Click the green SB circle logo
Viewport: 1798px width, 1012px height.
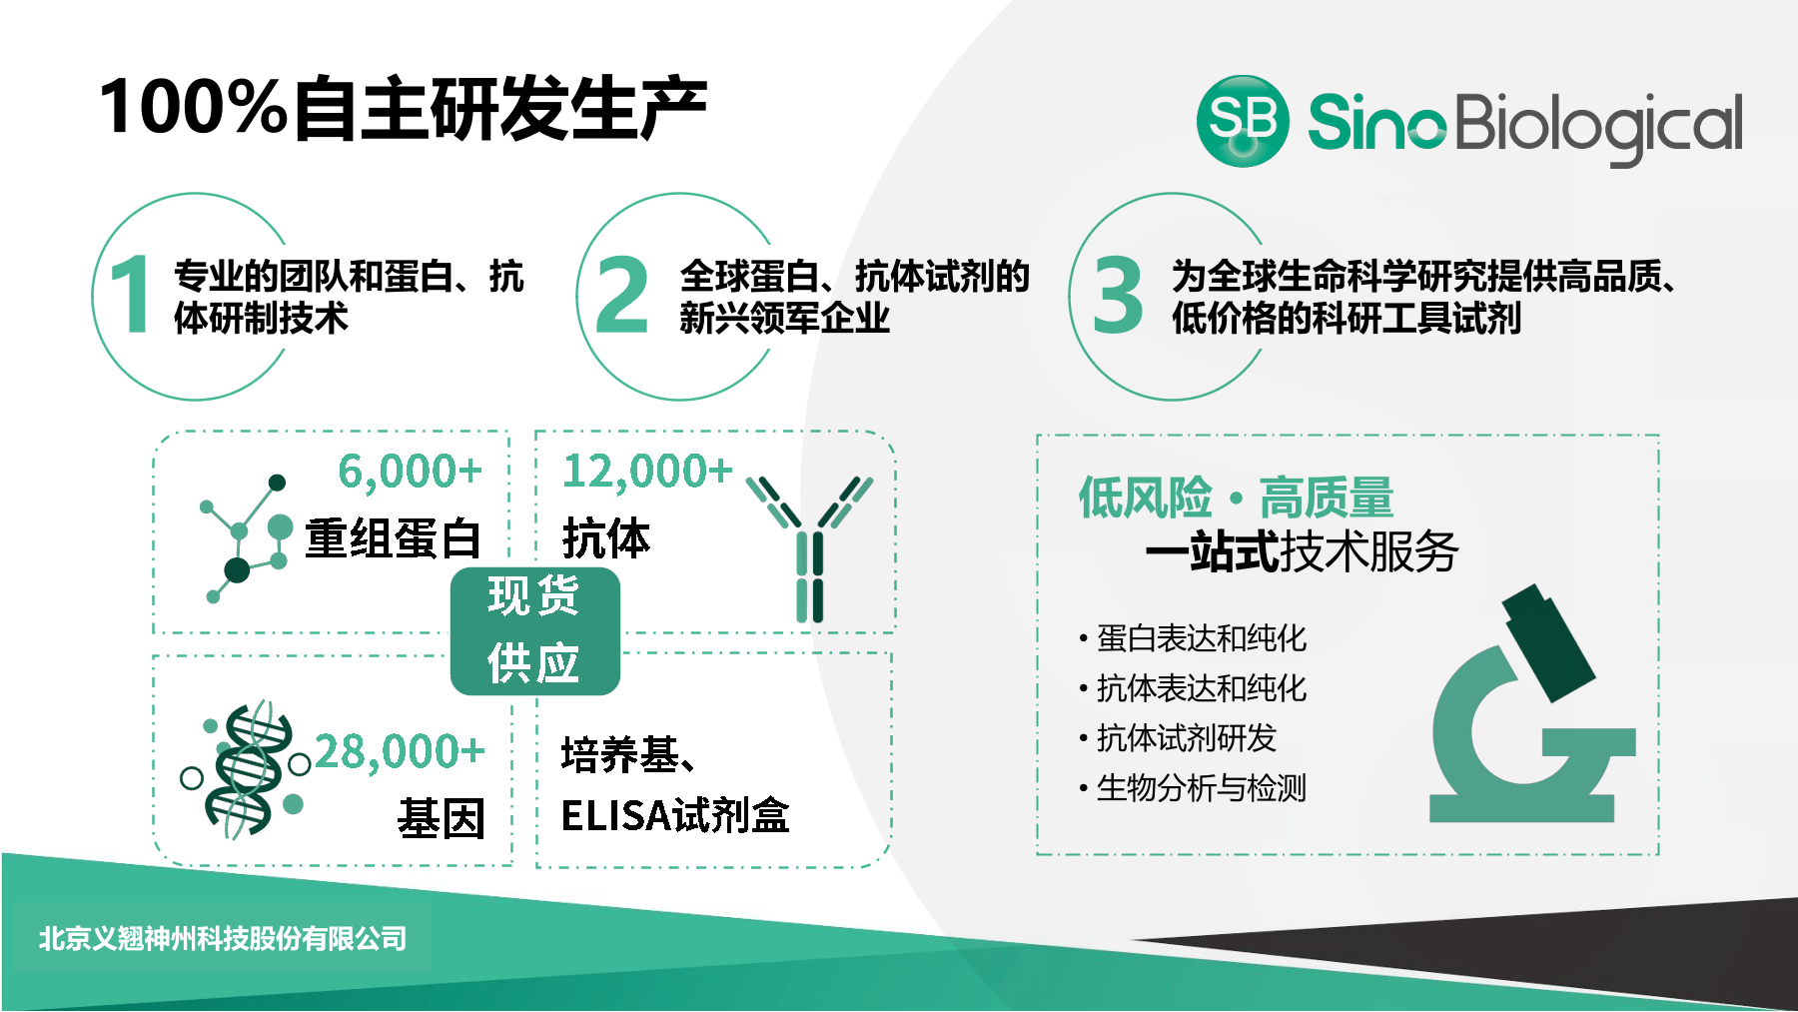[1243, 121]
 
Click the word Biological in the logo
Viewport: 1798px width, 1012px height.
[1598, 128]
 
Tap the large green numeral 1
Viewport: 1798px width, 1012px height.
[131, 294]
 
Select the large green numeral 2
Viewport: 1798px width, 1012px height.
[621, 294]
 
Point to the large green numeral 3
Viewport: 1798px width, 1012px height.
[1118, 294]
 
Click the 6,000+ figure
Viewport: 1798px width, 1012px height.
[411, 472]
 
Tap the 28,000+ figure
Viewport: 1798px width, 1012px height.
[401, 752]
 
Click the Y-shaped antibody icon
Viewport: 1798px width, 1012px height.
[810, 548]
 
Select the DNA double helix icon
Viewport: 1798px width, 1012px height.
[244, 768]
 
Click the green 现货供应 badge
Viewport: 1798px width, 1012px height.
[534, 630]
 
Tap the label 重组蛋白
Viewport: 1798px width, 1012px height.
[394, 538]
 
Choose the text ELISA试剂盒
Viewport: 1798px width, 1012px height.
[675, 815]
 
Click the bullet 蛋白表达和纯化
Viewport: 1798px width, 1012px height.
[1202, 638]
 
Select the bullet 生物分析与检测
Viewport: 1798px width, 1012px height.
[1202, 788]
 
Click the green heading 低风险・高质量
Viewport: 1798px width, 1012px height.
[1236, 498]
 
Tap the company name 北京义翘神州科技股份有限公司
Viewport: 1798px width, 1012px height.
[223, 939]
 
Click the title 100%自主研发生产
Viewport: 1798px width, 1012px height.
[404, 108]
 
